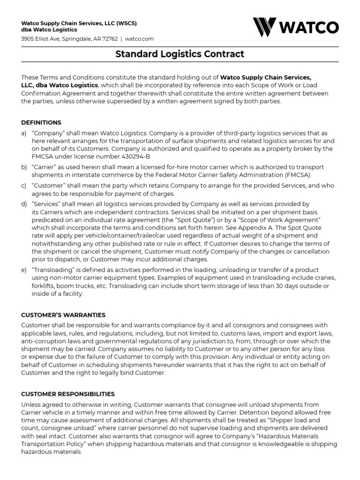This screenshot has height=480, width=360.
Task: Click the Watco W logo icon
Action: (x=265, y=27)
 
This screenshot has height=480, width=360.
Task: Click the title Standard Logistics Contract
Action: (x=180, y=54)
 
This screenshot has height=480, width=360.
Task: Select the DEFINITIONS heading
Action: (x=41, y=122)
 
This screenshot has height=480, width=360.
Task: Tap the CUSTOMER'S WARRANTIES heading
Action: (x=63, y=315)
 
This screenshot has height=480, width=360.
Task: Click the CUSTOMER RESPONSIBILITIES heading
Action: (x=68, y=394)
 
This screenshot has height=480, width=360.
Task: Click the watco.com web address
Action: (x=139, y=38)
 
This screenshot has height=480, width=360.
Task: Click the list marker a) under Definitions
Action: (x=24, y=134)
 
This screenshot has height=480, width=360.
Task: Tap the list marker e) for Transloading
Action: (x=24, y=270)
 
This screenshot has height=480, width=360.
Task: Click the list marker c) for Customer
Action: (x=24, y=186)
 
